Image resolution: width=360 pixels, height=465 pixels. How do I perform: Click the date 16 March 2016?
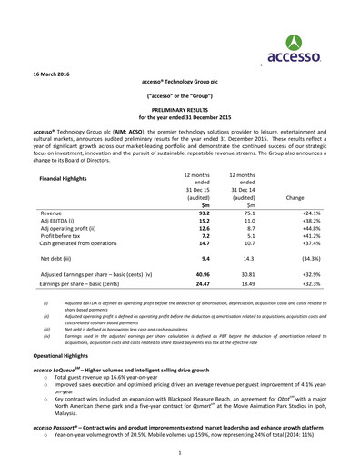click(x=52, y=72)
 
